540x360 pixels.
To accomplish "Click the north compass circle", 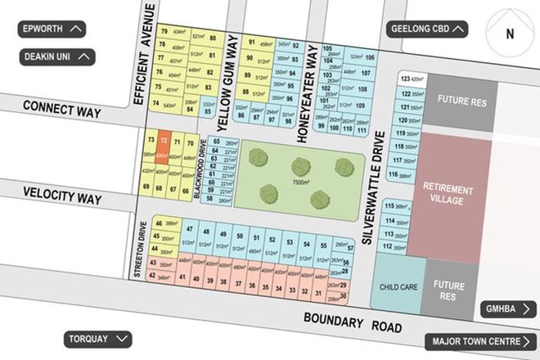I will coord(509,34).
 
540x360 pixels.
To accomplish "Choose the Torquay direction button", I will coord(97,339).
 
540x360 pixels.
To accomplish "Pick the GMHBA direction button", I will coord(507,308).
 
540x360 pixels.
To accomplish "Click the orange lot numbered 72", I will coord(164,147).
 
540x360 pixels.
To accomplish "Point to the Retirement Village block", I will coord(448,195).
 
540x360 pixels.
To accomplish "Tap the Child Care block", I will coord(400,287).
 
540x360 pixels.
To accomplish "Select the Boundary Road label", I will coord(353,322).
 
